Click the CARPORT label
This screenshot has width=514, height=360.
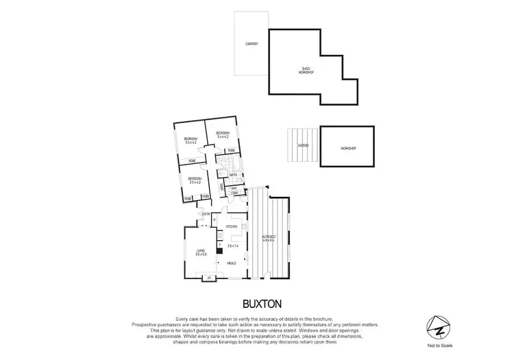pos(252,44)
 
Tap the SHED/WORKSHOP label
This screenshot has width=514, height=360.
pos(306,70)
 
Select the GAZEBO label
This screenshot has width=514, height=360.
pos(303,146)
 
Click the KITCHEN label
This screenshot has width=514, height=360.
pos(232,226)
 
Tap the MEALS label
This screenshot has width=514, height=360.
pos(232,262)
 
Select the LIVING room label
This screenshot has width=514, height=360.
pos(201,252)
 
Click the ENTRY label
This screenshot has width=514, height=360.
pos(205,214)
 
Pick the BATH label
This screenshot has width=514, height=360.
pos(233,175)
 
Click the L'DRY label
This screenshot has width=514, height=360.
pos(234,193)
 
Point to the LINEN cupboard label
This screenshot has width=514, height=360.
pos(221,187)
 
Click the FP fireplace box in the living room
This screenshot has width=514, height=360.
pos(210,277)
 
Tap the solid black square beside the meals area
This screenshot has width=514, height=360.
pos(219,251)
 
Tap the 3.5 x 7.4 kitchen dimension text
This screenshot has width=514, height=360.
pos(232,245)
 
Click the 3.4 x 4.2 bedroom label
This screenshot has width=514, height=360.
pos(222,135)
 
